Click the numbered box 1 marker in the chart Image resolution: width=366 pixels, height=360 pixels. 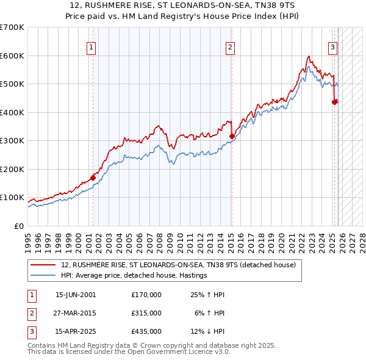pyautogui.click(x=91, y=47)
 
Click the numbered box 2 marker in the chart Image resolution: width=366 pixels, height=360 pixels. pyautogui.click(x=230, y=47)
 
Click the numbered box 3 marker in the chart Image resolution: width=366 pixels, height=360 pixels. pyautogui.click(x=333, y=47)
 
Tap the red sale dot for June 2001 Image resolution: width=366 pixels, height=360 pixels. pyautogui.click(x=93, y=178)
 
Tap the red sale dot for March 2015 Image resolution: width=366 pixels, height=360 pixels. pyautogui.click(x=232, y=137)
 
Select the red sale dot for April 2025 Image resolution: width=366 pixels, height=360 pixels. pyautogui.click(x=334, y=103)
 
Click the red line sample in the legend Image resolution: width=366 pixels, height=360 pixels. pyautogui.click(x=43, y=265)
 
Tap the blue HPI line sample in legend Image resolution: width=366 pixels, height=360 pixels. pyautogui.click(x=43, y=276)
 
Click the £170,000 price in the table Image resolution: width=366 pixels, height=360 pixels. pyautogui.click(x=146, y=295)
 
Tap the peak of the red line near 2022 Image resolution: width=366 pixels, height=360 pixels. pyautogui.click(x=309, y=57)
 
